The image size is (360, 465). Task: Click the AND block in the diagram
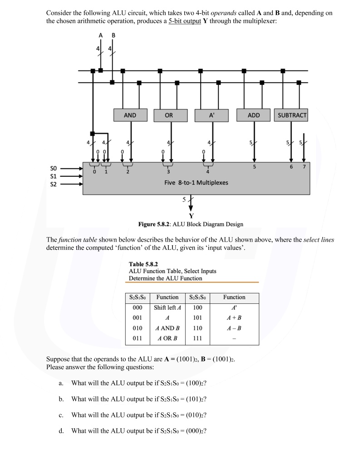pyautogui.click(x=130, y=115)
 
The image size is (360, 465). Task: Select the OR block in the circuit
pyautogui.click(x=169, y=115)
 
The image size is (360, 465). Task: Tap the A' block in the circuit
pyautogui.click(x=212, y=115)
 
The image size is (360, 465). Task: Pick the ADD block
pyautogui.click(x=254, y=115)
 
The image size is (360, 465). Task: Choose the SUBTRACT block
pyautogui.click(x=292, y=115)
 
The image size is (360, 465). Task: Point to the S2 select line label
pyautogui.click(x=54, y=184)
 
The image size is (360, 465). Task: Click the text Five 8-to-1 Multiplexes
pyautogui.click(x=196, y=183)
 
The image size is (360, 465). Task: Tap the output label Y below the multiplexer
pyautogui.click(x=191, y=216)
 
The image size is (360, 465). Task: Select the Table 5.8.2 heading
pyautogui.click(x=143, y=264)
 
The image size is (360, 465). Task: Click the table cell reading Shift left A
pyautogui.click(x=167, y=307)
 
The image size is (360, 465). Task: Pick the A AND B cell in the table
pyautogui.click(x=167, y=328)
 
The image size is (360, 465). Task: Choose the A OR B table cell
pyautogui.click(x=167, y=338)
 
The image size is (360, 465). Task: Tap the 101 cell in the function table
pyautogui.click(x=197, y=317)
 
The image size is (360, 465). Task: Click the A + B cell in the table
pyautogui.click(x=234, y=317)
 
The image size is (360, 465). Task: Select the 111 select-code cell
pyautogui.click(x=197, y=338)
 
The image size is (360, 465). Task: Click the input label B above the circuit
pyautogui.click(x=113, y=35)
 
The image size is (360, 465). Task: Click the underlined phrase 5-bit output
pyautogui.click(x=185, y=22)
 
